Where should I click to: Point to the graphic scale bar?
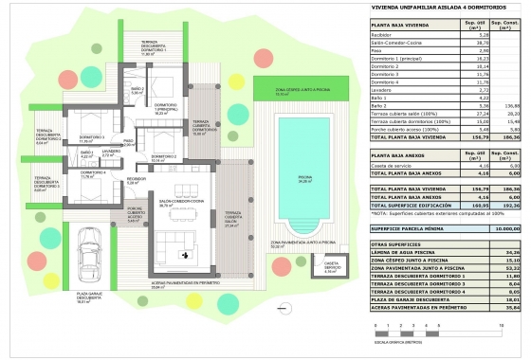pos(445,331)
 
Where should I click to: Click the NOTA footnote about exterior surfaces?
pos(436,214)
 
